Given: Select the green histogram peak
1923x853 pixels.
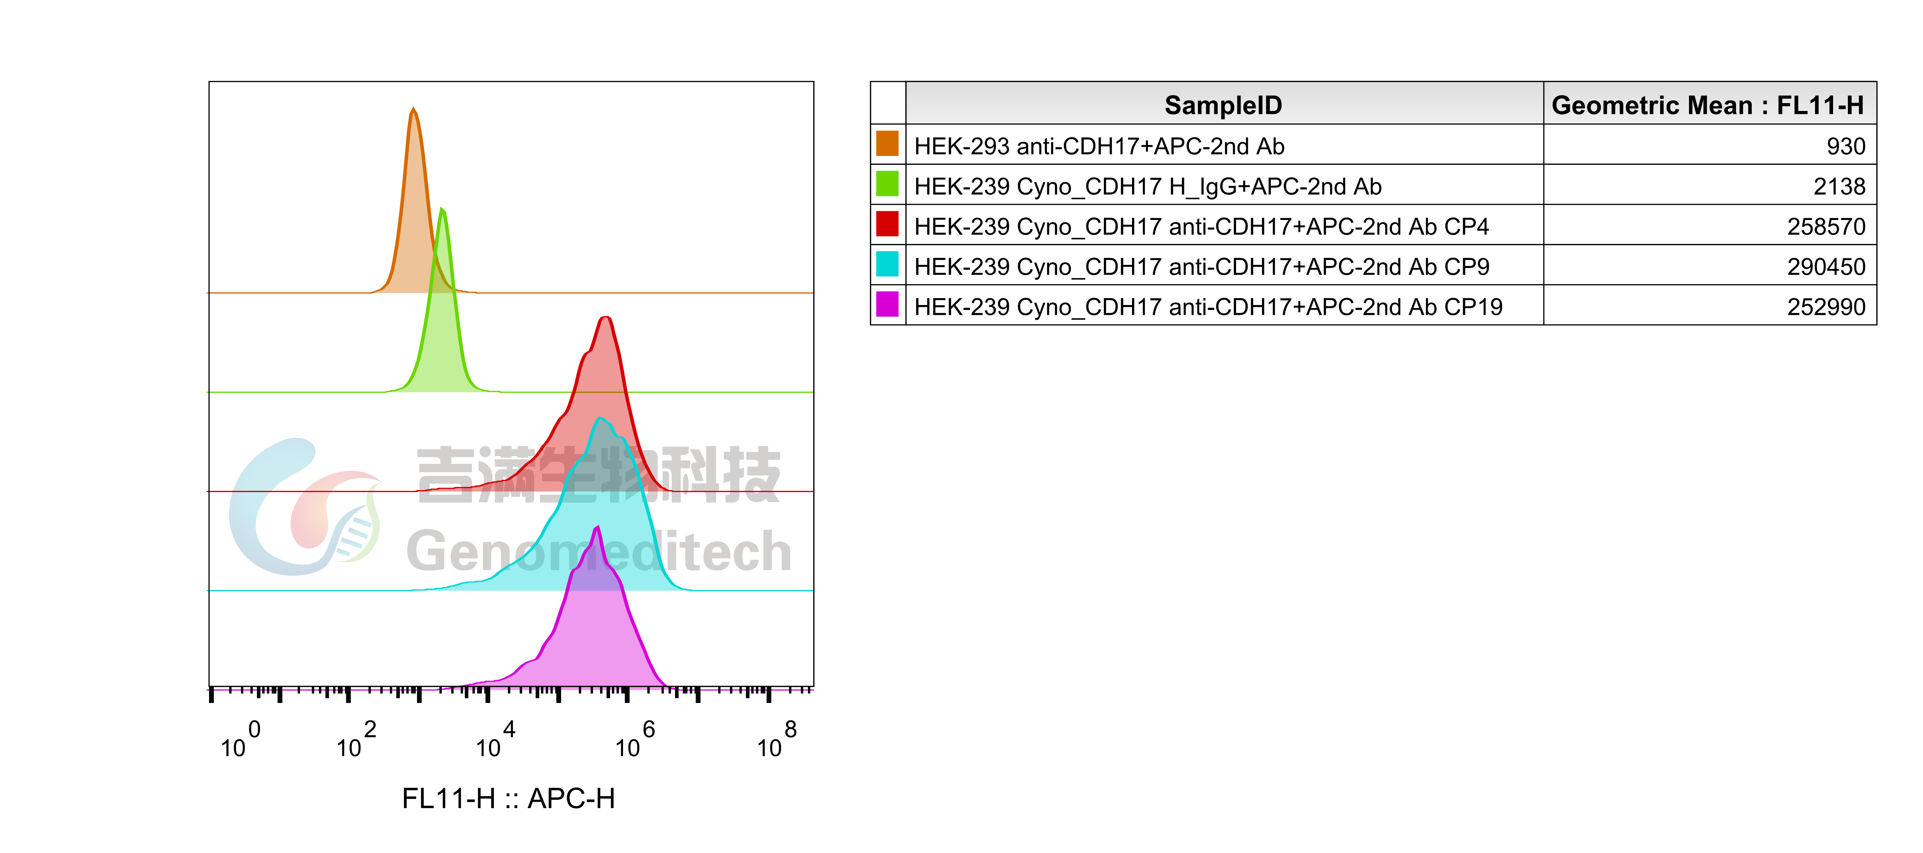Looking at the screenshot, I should coord(443,209).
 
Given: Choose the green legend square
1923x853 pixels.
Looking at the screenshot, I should coord(887,183).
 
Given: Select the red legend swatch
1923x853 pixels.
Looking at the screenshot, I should coord(887,223).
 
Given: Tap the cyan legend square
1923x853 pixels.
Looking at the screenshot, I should coord(887,264).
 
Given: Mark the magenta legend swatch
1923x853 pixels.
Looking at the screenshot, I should coord(887,304).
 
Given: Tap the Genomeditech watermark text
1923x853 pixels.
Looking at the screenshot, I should coord(597,551).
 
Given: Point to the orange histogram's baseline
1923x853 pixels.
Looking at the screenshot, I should coord(672,293).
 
